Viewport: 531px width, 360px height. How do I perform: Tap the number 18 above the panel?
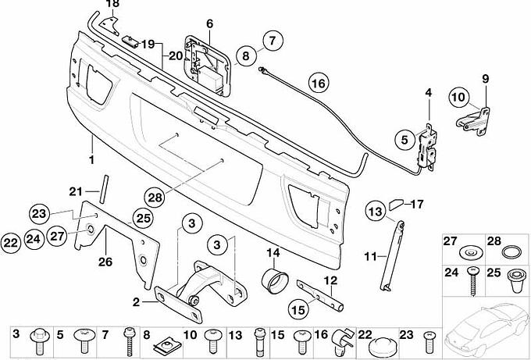pyautogui.click(x=113, y=4)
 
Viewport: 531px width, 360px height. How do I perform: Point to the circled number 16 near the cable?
pyautogui.click(x=317, y=82)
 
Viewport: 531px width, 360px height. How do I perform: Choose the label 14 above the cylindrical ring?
pyautogui.click(x=273, y=252)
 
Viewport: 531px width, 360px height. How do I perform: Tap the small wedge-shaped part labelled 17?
pyautogui.click(x=396, y=205)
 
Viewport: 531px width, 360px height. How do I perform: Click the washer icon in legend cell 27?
pyautogui.click(x=469, y=254)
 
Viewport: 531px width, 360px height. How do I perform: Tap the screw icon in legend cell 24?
pyautogui.click(x=472, y=279)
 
